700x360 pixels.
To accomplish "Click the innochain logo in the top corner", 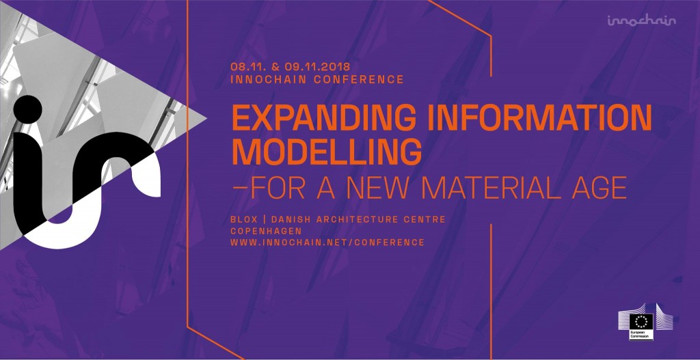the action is coord(641,20).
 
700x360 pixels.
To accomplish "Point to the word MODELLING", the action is coord(326,152).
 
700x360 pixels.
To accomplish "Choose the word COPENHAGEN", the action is coord(266,231).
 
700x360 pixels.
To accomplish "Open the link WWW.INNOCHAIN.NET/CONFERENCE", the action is coord(327,243).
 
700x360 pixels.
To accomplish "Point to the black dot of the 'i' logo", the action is coord(28,110).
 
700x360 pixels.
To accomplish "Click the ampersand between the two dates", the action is coord(275,67).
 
